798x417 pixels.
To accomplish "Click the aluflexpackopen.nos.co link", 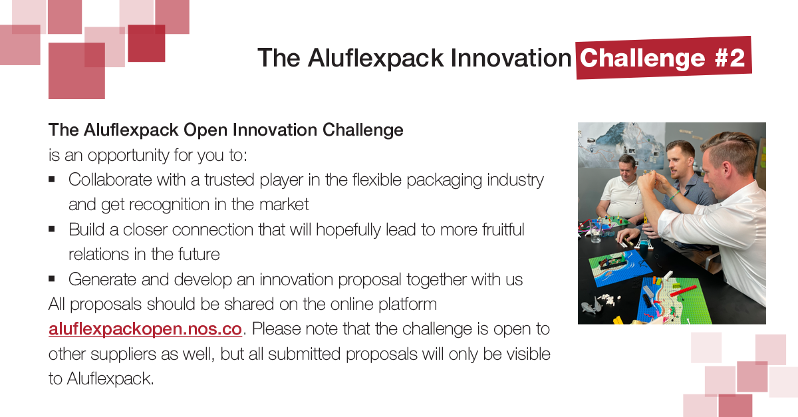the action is click(146, 329).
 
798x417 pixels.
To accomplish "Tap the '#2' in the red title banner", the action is click(730, 58).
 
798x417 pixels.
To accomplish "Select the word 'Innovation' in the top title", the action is click(511, 58).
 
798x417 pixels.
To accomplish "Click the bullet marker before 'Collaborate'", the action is click(52, 180).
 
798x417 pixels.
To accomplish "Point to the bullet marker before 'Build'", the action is click(52, 229).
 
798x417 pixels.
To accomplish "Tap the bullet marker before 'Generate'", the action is click(52, 279).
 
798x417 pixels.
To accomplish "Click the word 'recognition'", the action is click(169, 205).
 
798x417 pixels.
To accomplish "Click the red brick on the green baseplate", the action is click(683, 291).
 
